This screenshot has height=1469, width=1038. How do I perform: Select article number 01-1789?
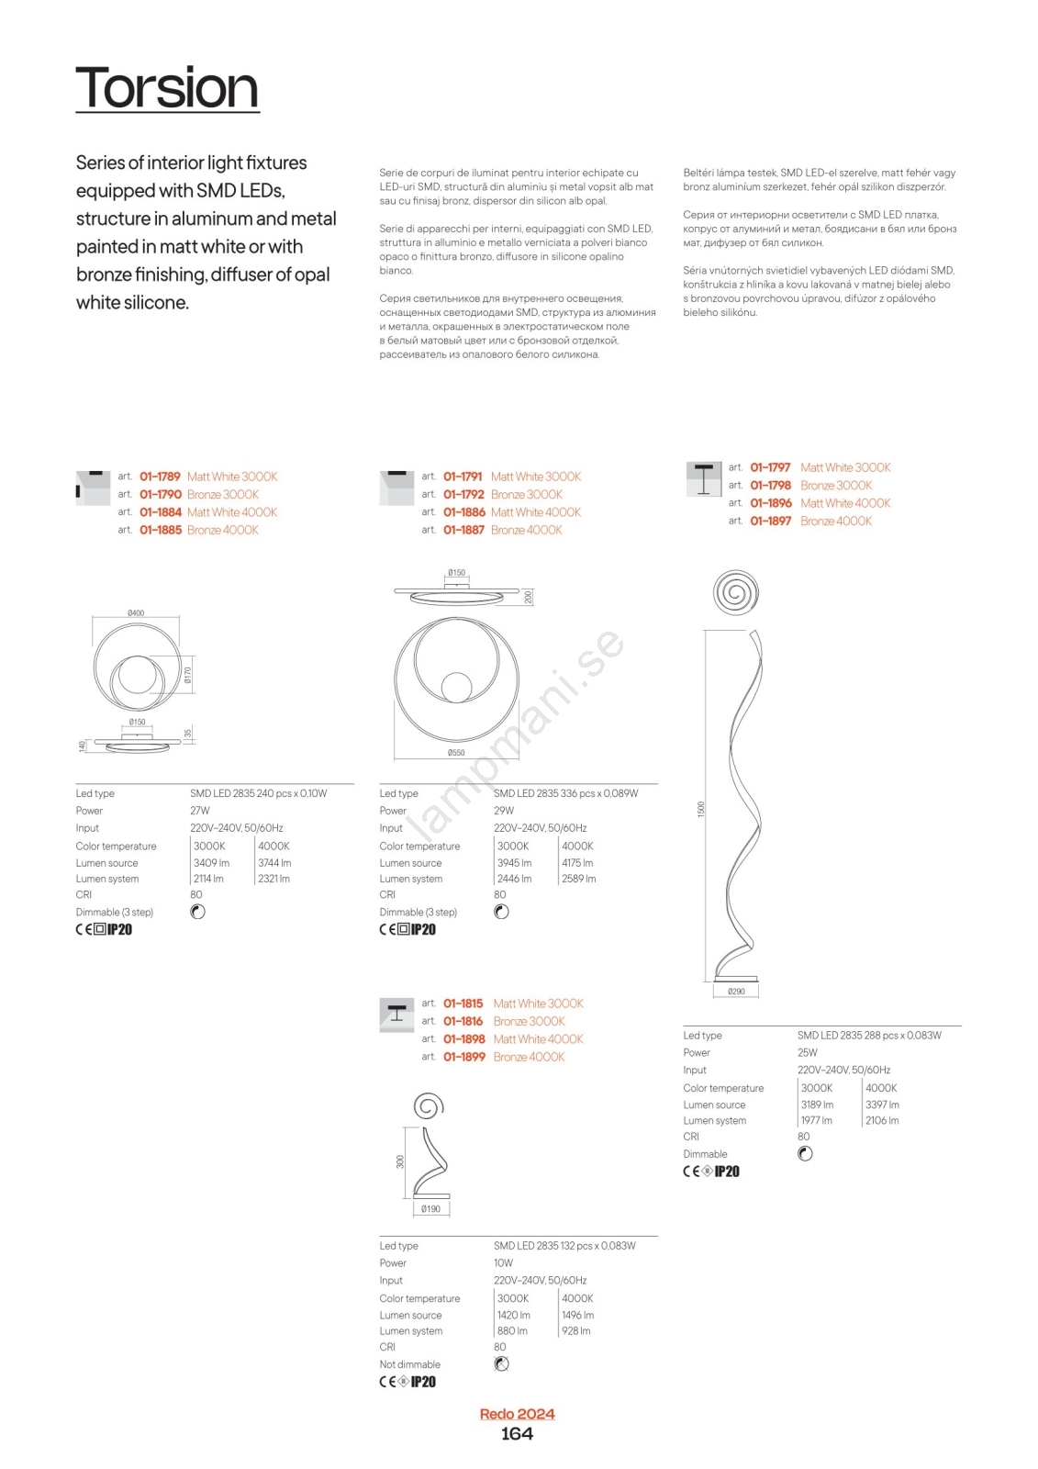tap(160, 477)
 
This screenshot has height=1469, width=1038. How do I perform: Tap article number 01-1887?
tap(463, 530)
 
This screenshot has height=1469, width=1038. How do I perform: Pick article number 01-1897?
tap(770, 521)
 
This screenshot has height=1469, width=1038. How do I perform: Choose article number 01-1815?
tap(463, 1004)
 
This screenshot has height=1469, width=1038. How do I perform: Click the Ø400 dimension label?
tap(136, 613)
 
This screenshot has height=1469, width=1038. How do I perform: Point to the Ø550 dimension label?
tap(456, 753)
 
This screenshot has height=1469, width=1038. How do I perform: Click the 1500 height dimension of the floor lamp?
tap(701, 809)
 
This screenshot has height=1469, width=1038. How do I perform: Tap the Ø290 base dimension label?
tap(736, 992)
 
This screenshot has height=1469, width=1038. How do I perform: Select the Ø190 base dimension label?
tap(430, 1209)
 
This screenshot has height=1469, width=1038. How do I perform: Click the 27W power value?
tap(200, 811)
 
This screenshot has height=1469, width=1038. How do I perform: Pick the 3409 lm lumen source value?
tap(211, 863)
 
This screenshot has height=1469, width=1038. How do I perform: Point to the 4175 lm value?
tap(577, 863)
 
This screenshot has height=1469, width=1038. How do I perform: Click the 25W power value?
tap(807, 1053)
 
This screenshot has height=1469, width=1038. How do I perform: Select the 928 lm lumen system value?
tap(575, 1331)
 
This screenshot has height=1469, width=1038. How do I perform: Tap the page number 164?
tap(517, 1434)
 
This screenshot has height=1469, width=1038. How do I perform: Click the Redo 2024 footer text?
tap(517, 1414)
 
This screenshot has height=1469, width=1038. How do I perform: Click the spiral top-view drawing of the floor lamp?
tap(735, 591)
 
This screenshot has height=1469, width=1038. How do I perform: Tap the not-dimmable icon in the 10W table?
tap(501, 1364)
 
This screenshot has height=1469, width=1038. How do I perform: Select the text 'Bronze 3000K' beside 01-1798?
tap(836, 486)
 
